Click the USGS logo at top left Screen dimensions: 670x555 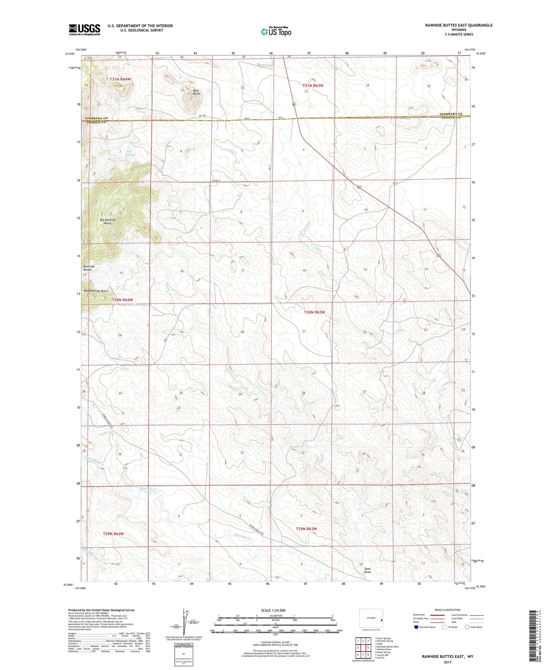(x=84, y=30)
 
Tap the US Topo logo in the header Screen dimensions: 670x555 (x=275, y=31)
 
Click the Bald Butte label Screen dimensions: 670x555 (x=196, y=92)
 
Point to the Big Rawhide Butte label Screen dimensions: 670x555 (x=108, y=221)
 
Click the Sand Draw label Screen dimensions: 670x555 (x=368, y=570)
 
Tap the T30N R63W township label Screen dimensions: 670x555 (x=314, y=312)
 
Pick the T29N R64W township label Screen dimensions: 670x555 (x=113, y=534)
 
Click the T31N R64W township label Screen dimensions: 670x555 (x=120, y=79)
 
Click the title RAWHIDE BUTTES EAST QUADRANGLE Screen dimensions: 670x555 (x=459, y=25)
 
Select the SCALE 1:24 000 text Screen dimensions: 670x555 (x=273, y=610)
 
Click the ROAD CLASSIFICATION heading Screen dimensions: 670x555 (x=447, y=610)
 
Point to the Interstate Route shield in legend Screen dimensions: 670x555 (x=416, y=627)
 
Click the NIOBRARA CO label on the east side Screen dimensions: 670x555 (x=451, y=114)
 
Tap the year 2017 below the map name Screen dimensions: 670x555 (x=447, y=662)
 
